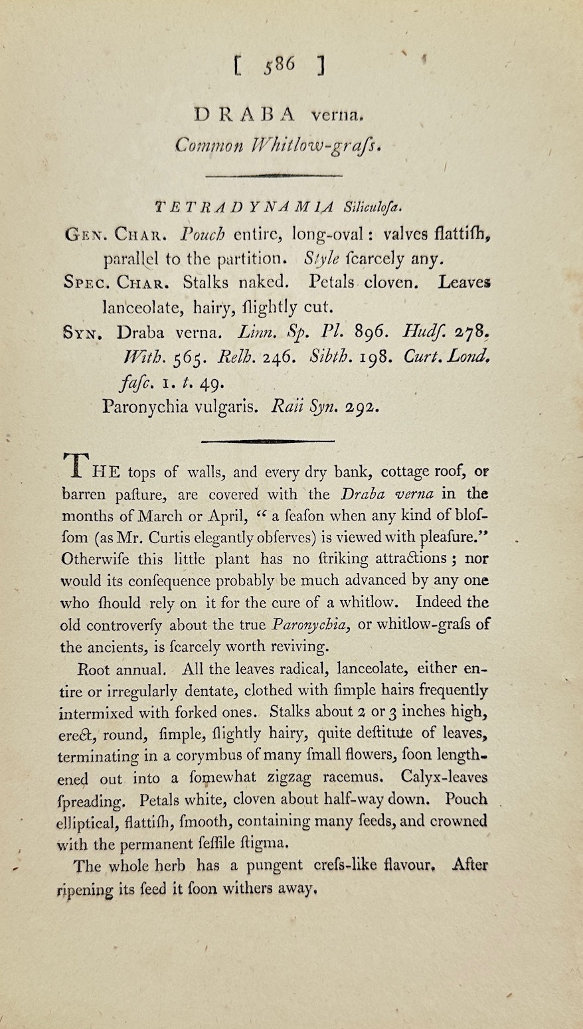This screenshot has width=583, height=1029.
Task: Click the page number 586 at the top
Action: (278, 66)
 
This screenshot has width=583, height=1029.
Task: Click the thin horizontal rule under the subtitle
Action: (274, 175)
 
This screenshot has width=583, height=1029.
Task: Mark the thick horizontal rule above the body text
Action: (268, 440)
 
